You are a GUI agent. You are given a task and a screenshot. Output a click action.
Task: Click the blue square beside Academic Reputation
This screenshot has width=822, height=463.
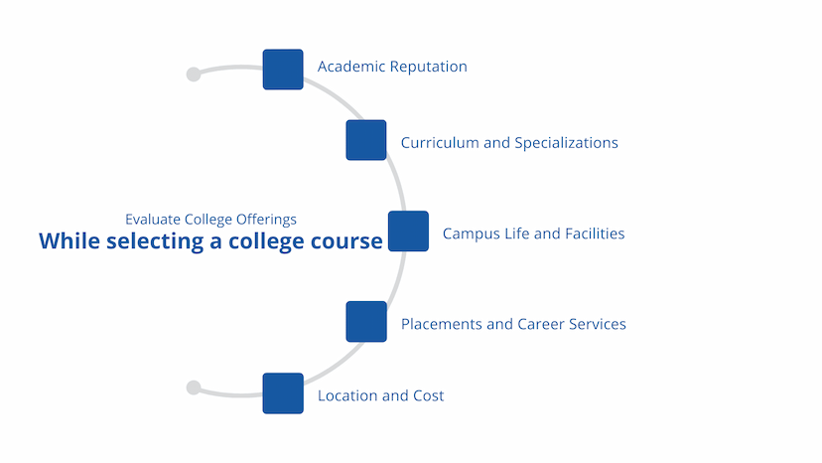pyautogui.click(x=283, y=70)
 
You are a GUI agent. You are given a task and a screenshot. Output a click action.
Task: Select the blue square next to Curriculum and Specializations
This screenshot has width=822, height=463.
pyautogui.click(x=366, y=140)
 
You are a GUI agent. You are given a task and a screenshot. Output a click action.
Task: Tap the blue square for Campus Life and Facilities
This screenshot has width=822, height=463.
pyautogui.click(x=408, y=231)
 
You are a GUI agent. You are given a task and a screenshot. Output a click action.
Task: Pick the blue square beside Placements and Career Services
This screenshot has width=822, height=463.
pyautogui.click(x=366, y=322)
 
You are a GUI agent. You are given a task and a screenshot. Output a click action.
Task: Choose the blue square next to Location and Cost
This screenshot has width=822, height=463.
pyautogui.click(x=283, y=393)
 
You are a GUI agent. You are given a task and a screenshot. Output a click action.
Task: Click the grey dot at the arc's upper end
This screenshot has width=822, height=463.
pyautogui.click(x=194, y=74)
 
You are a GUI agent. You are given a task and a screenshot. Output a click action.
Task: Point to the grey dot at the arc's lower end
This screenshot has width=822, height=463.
pyautogui.click(x=194, y=387)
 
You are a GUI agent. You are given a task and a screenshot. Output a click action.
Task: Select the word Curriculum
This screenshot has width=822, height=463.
pyautogui.click(x=440, y=143)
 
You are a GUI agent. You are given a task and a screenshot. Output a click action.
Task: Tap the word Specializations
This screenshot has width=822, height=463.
pyautogui.click(x=566, y=143)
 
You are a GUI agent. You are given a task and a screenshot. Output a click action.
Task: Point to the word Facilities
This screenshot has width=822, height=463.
pyautogui.click(x=595, y=233)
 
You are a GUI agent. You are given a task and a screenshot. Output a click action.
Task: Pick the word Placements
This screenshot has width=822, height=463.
pyautogui.click(x=442, y=324)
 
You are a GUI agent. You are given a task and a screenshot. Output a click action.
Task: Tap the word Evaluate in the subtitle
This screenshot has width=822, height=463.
pyautogui.click(x=153, y=220)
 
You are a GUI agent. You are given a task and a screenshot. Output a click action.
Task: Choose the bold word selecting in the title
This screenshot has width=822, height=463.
pyautogui.click(x=155, y=242)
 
